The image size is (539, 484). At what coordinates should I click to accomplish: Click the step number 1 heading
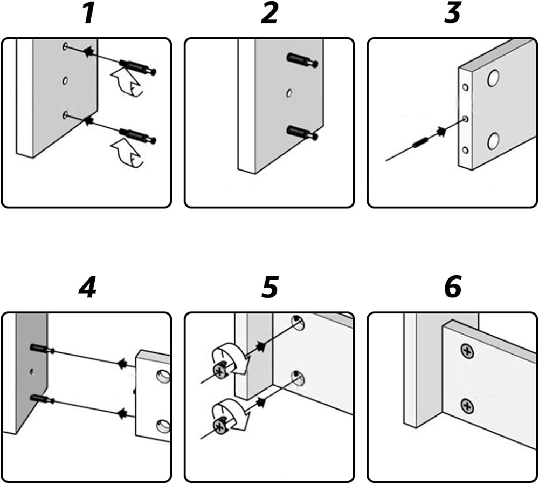[x=89, y=13]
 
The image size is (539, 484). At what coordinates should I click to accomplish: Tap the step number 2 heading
[x=269, y=13]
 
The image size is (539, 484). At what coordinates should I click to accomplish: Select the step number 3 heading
[x=452, y=13]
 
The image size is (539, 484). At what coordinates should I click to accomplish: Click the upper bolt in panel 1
[x=137, y=67]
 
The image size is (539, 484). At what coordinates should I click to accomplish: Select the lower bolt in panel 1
[x=137, y=135]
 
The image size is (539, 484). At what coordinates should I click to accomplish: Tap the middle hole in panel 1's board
[x=65, y=81]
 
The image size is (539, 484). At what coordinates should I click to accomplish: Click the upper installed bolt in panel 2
[x=302, y=60]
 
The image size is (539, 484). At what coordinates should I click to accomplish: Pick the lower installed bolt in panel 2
[x=302, y=133]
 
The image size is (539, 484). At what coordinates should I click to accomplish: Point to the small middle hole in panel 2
[x=289, y=93]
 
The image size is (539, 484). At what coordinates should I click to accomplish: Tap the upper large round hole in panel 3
[x=493, y=78]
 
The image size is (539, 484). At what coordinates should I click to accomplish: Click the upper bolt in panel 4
[x=42, y=349]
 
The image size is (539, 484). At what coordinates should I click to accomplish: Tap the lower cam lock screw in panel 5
[x=219, y=426]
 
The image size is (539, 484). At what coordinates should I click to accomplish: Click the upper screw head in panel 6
[x=467, y=351]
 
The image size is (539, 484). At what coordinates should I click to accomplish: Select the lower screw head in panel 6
[x=467, y=406]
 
